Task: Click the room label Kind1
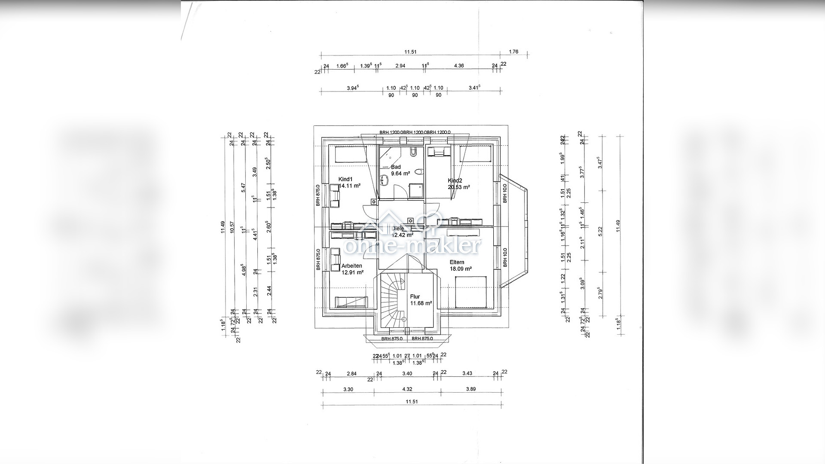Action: [345, 180]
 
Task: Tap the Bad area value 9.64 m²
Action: [400, 174]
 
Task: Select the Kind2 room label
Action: [455, 181]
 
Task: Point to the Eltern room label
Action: [457, 263]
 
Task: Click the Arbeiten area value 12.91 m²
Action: [352, 272]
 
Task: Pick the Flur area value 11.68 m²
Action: [421, 303]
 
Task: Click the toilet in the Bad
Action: [419, 172]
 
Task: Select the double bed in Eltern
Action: [471, 292]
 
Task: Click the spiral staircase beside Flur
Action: [392, 301]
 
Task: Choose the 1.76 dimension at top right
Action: [513, 52]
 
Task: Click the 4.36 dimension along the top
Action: [459, 66]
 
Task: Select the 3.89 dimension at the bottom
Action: [471, 390]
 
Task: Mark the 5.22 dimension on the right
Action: [600, 231]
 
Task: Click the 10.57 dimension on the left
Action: [232, 227]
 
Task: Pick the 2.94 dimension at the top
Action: [400, 66]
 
